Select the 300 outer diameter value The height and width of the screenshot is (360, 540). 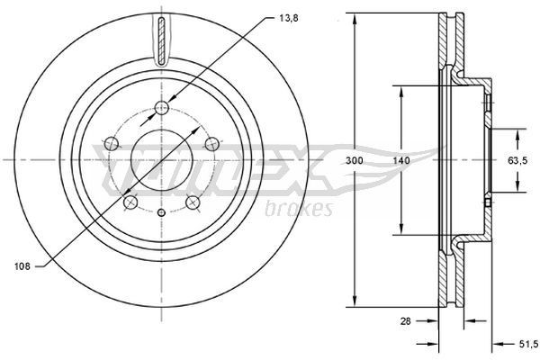(x=355, y=159)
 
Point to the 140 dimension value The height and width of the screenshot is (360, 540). (x=401, y=159)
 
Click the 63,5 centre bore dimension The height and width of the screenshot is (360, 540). (x=518, y=160)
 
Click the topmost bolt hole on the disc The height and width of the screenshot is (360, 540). (x=162, y=110)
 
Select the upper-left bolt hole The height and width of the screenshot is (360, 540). (x=112, y=142)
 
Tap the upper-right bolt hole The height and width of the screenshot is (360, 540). (x=211, y=142)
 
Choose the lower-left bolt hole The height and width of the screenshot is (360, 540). (x=130, y=202)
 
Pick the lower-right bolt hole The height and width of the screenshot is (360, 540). (x=193, y=202)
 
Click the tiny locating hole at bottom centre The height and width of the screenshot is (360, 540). (x=162, y=212)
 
